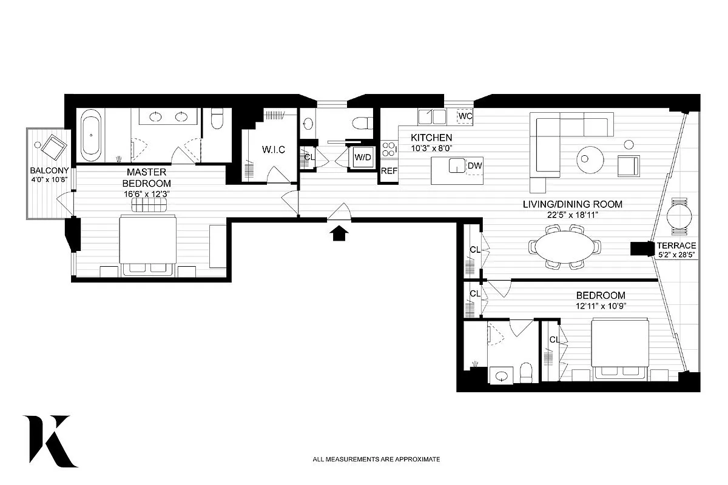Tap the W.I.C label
pos(273,149)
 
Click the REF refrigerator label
pos(388,171)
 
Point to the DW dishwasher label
pos(474,164)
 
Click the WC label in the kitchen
pos(465,115)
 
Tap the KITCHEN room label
pos(431,138)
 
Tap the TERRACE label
pos(676,246)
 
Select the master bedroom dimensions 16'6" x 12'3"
pos(146,195)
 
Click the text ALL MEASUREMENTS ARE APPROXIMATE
pos(376,460)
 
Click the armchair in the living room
pos(628,165)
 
